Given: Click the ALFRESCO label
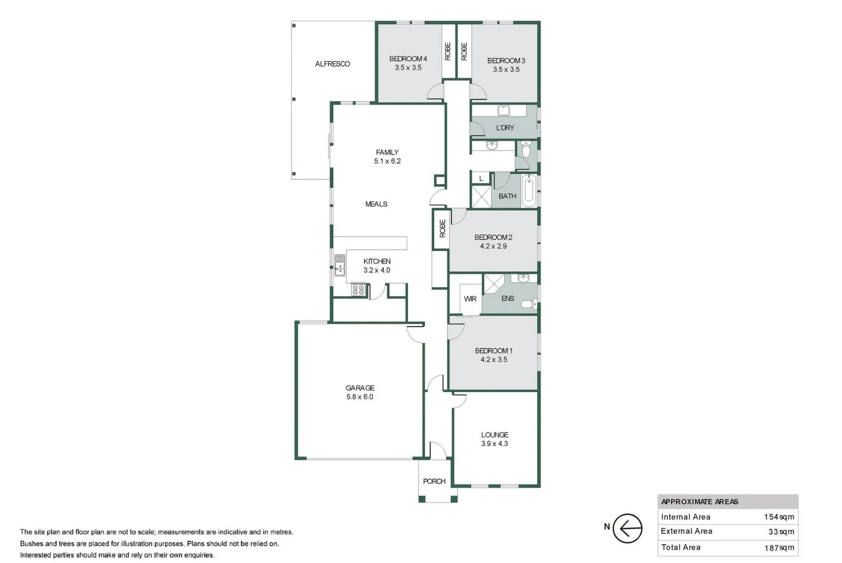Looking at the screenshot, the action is point(333,64).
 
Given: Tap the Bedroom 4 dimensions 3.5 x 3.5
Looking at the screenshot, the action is point(408,68).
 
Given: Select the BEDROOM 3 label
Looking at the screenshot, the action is point(506,60).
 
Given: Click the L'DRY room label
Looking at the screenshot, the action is point(505,127).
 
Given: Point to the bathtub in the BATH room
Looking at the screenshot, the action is point(529,190).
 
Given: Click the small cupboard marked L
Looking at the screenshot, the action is point(481,178).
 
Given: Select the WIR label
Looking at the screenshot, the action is point(470,299).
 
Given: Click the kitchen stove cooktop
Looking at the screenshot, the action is point(358,289).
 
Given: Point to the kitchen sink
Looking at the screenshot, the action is point(339,265).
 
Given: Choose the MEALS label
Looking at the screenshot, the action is point(376,204).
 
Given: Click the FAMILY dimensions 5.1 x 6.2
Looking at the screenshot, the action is point(387,161).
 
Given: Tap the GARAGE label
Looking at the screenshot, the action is point(360,388).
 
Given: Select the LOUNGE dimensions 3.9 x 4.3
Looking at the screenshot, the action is point(494,444).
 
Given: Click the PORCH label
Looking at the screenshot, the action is point(434,481).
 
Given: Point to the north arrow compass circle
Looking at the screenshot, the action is point(627,528).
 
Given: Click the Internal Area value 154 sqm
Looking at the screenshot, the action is point(779,517).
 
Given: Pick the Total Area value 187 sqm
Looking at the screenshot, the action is point(779,547).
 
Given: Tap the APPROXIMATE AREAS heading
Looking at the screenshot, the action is point(699,502).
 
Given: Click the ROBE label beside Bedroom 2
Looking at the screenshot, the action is point(442,228).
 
